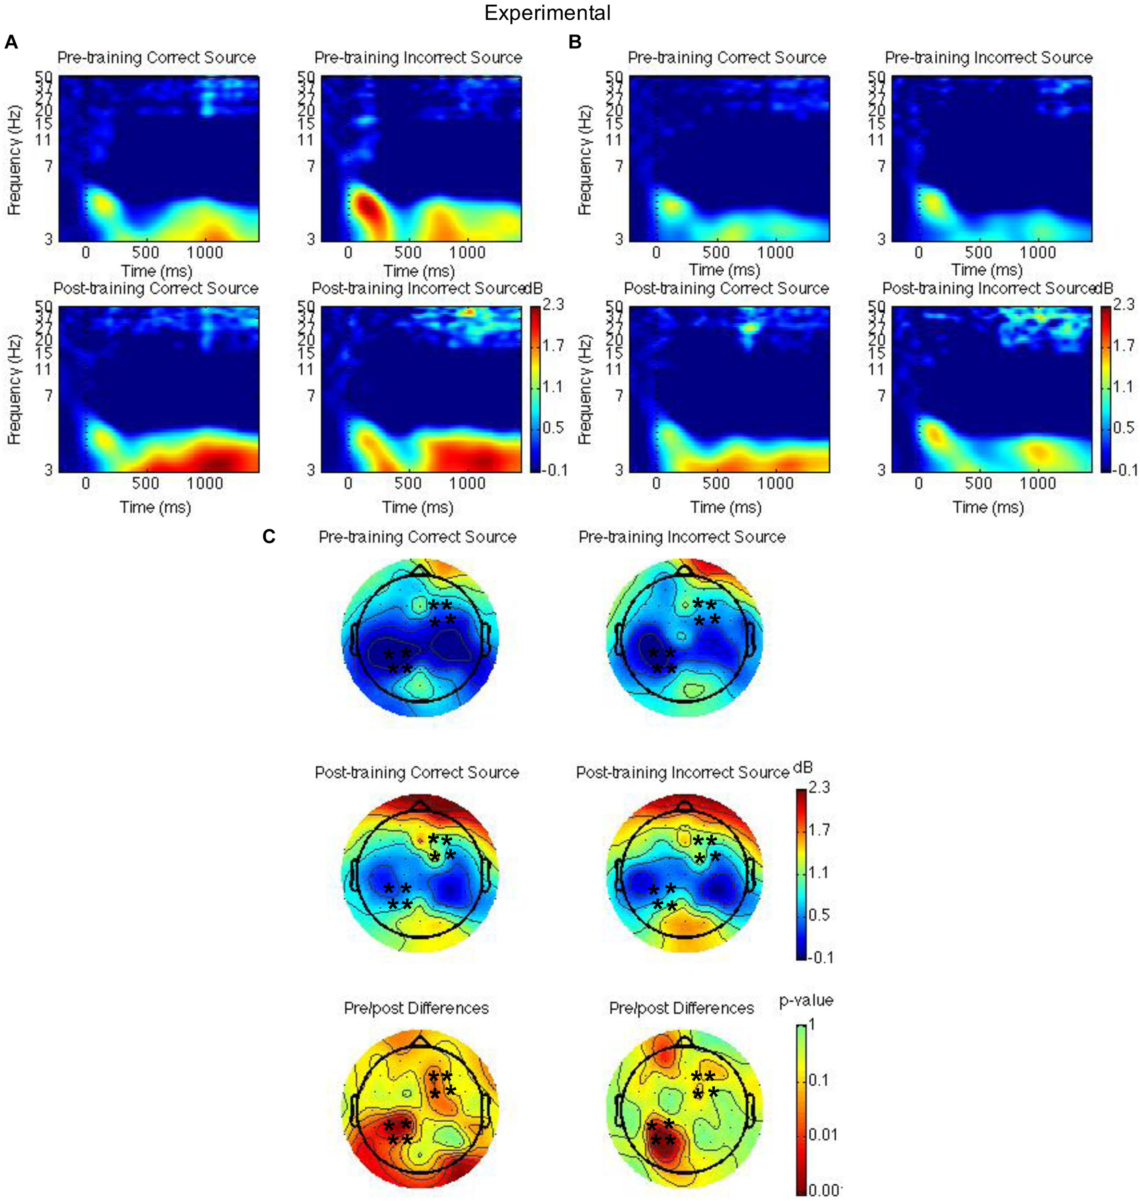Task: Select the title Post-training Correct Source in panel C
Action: (x=417, y=772)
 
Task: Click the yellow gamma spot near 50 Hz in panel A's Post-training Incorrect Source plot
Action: (x=467, y=312)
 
